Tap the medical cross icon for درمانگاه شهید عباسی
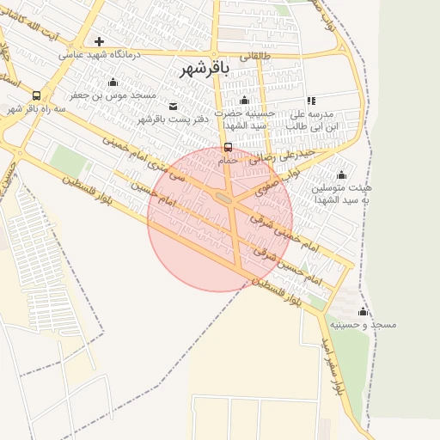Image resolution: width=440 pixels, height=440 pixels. [x=100, y=41]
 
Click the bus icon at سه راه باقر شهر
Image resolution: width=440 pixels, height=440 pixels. [x=36, y=95]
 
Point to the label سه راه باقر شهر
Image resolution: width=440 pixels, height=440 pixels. [x=37, y=109]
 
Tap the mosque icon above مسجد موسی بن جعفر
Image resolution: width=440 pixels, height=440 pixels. [x=113, y=82]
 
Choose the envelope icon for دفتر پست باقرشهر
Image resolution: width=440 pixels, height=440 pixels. [x=174, y=106]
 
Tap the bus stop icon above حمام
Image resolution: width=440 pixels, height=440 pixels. [x=228, y=147]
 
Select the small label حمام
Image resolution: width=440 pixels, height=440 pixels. [x=228, y=160]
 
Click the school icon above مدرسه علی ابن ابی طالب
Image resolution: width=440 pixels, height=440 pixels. [x=310, y=101]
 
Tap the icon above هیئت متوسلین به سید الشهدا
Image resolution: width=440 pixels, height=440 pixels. [x=341, y=174]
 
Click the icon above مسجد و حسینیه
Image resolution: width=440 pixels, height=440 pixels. [x=363, y=311]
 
